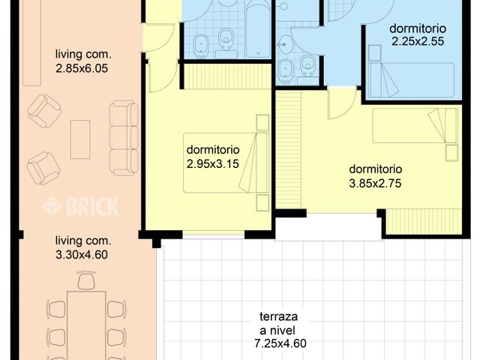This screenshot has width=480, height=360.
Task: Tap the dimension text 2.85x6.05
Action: pos(82,67)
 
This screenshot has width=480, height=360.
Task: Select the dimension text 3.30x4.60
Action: pos(82,254)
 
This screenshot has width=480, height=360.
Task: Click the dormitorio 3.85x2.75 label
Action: pos(375,175)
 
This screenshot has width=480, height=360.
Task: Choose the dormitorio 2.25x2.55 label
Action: pos(417,35)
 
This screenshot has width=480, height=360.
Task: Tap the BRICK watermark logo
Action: pos(81,206)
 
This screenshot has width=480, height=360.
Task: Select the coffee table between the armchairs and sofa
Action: pos(80,139)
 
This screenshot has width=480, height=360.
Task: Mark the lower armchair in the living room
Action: pos(43,167)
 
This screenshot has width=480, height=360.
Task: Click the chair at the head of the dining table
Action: pos(85,281)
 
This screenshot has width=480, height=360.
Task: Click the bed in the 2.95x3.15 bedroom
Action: pos(225,163)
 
